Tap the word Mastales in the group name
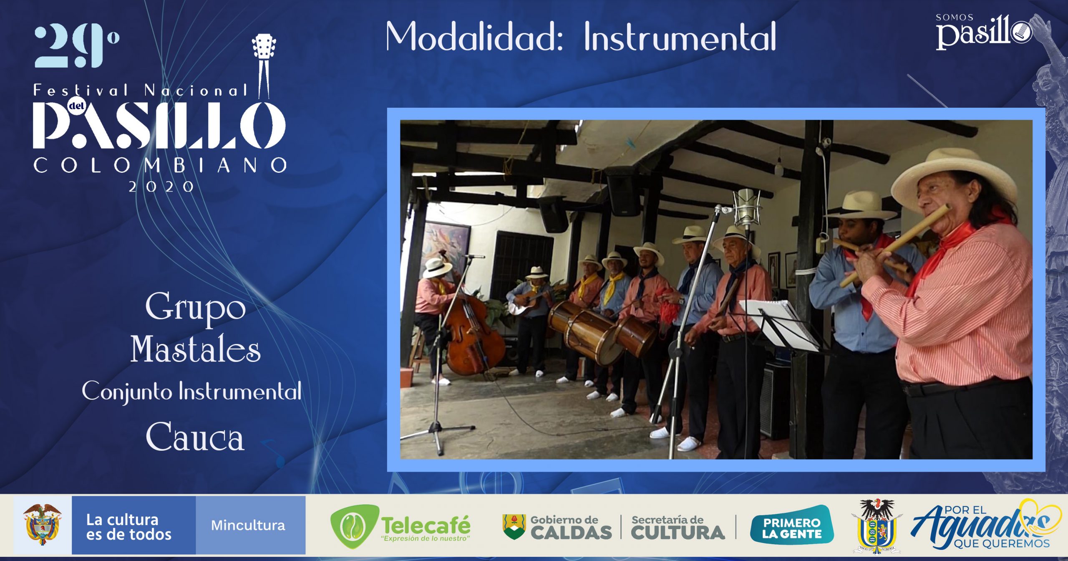click(196, 349)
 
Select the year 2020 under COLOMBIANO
click(161, 187)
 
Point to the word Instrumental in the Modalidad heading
click(680, 37)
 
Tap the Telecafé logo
click(400, 526)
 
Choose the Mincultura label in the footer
click(248, 525)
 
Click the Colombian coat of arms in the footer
click(42, 524)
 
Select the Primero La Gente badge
click(792, 525)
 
